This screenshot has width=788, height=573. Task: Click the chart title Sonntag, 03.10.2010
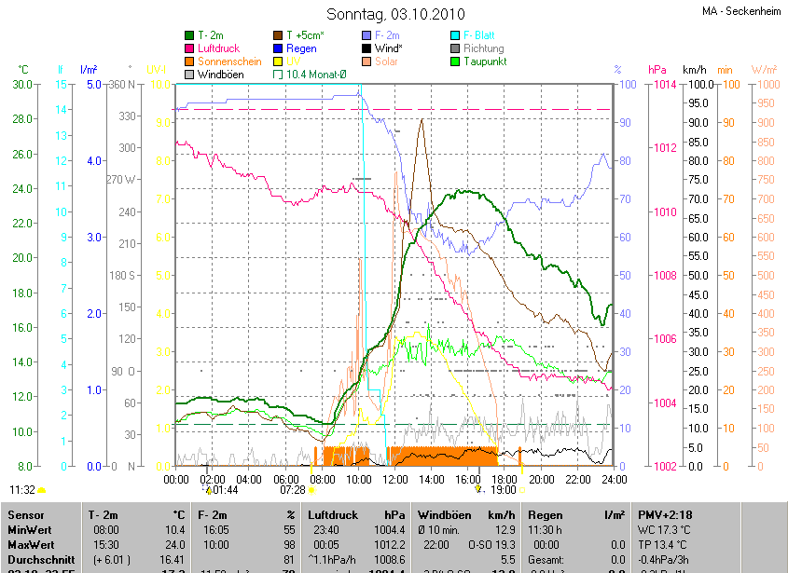[x=393, y=14]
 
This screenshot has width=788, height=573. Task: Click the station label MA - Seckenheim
[x=741, y=11]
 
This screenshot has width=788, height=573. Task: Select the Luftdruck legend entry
[x=223, y=48]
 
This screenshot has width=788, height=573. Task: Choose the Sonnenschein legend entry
[x=229, y=61]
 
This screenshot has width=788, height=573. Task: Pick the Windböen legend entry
[x=221, y=75]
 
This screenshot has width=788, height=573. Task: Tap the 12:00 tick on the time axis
[x=395, y=479]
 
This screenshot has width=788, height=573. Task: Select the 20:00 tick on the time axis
[x=542, y=479]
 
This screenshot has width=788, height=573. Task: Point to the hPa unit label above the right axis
[x=657, y=70]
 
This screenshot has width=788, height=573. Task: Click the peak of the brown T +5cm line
[x=422, y=119]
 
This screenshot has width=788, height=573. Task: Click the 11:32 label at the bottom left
[x=22, y=489]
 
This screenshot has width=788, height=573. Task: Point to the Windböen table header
[x=443, y=514]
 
